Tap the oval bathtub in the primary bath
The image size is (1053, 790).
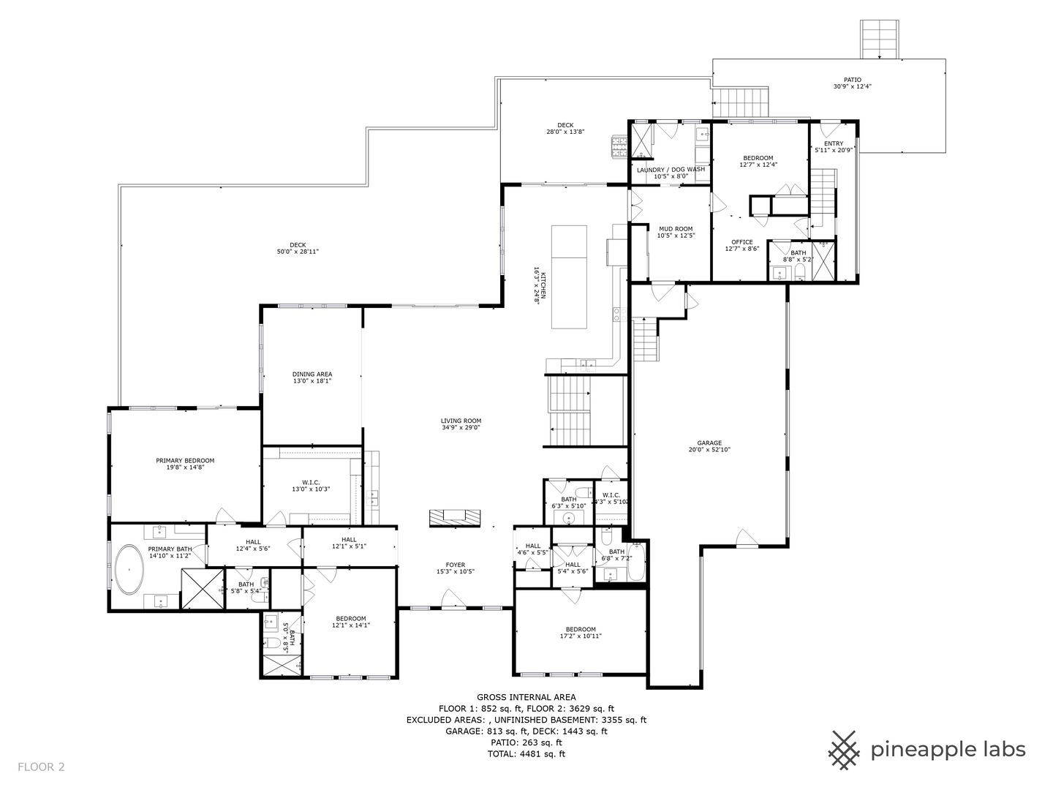[129, 568]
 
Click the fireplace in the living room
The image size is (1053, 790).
[454, 516]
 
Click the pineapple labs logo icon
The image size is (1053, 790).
[845, 750]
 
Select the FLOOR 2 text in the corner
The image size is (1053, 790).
[42, 767]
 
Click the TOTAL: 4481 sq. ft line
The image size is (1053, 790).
[526, 753]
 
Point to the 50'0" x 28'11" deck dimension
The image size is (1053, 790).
[298, 252]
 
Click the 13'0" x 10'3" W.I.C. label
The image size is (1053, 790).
[312, 489]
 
